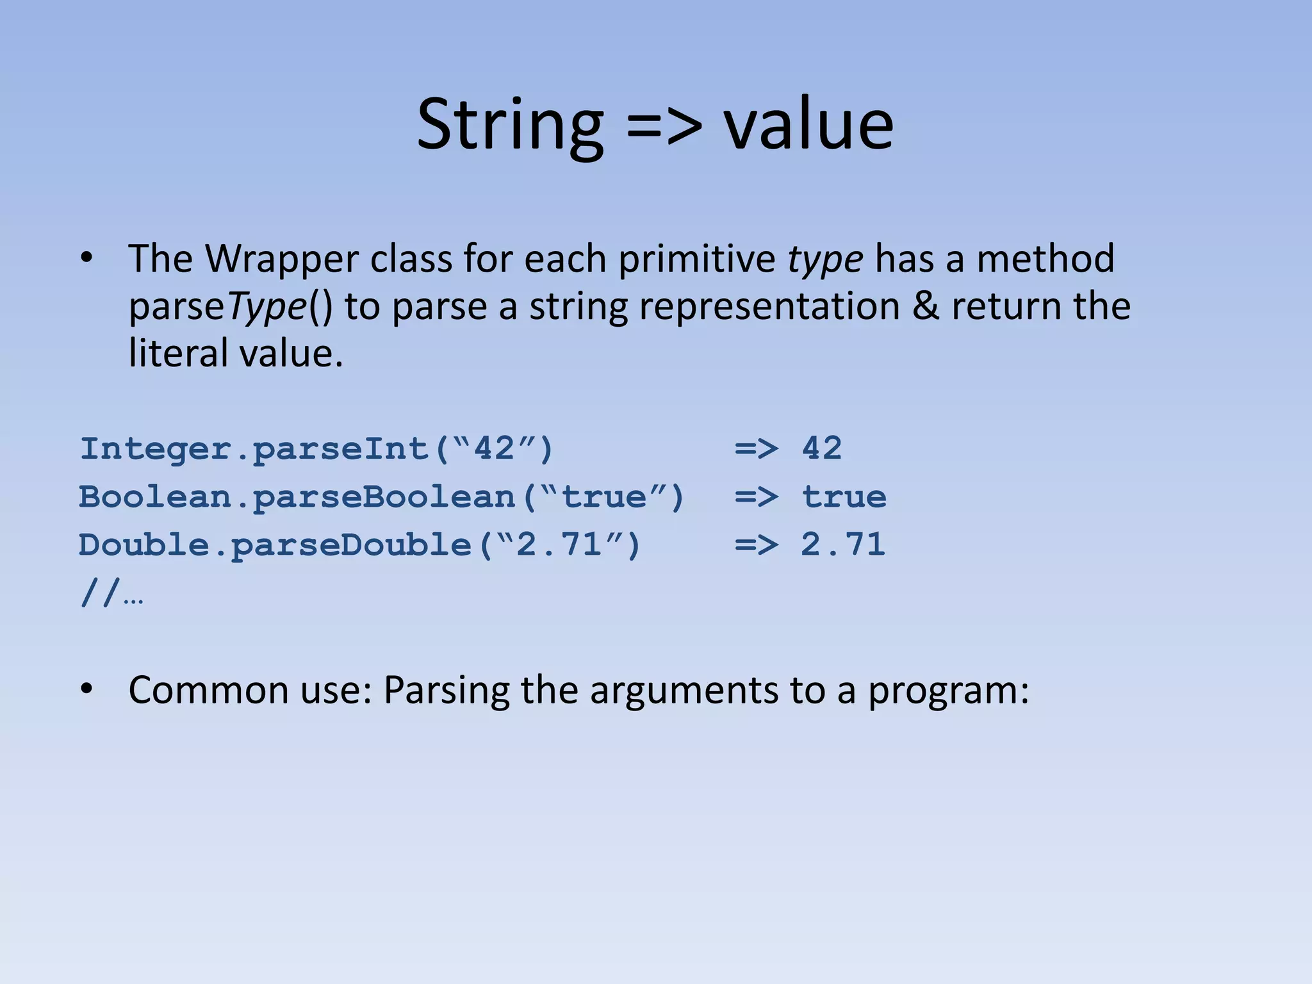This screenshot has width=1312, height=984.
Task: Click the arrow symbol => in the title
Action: [664, 126]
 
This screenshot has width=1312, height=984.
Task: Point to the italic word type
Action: [825, 260]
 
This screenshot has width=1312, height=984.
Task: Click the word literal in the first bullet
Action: [177, 354]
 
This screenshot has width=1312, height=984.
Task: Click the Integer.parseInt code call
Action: [316, 449]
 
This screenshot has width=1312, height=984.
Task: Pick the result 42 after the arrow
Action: [822, 448]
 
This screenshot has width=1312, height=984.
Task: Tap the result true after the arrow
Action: [844, 497]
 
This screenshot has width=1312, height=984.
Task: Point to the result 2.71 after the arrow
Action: [843, 545]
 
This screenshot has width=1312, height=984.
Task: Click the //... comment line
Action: [111, 594]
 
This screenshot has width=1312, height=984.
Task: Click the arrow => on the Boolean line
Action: [757, 497]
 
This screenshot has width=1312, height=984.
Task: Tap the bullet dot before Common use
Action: [86, 689]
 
